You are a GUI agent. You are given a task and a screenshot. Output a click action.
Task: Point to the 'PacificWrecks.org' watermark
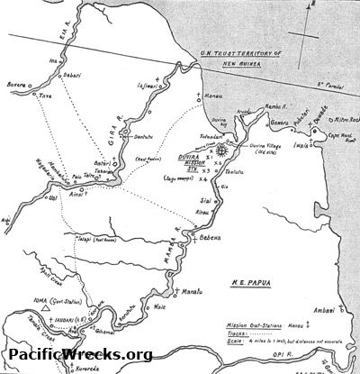[x=77, y=355]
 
